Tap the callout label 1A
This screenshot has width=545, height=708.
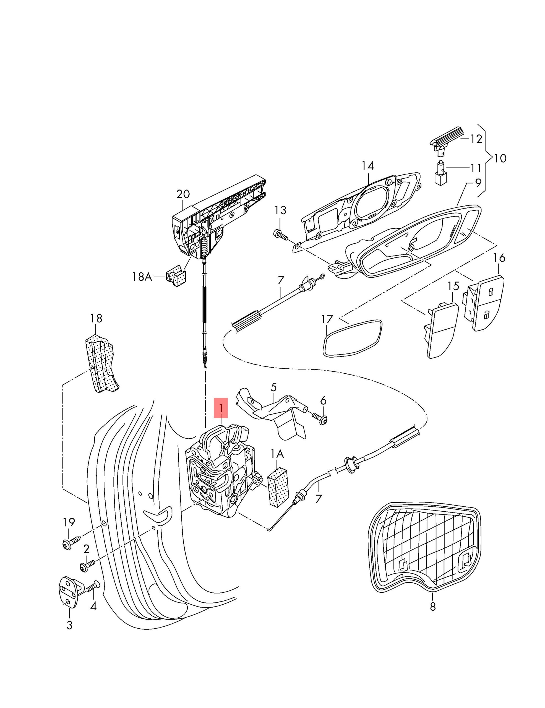click(277, 454)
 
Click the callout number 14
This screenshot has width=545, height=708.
click(368, 166)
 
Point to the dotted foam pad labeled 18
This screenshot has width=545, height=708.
click(101, 363)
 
